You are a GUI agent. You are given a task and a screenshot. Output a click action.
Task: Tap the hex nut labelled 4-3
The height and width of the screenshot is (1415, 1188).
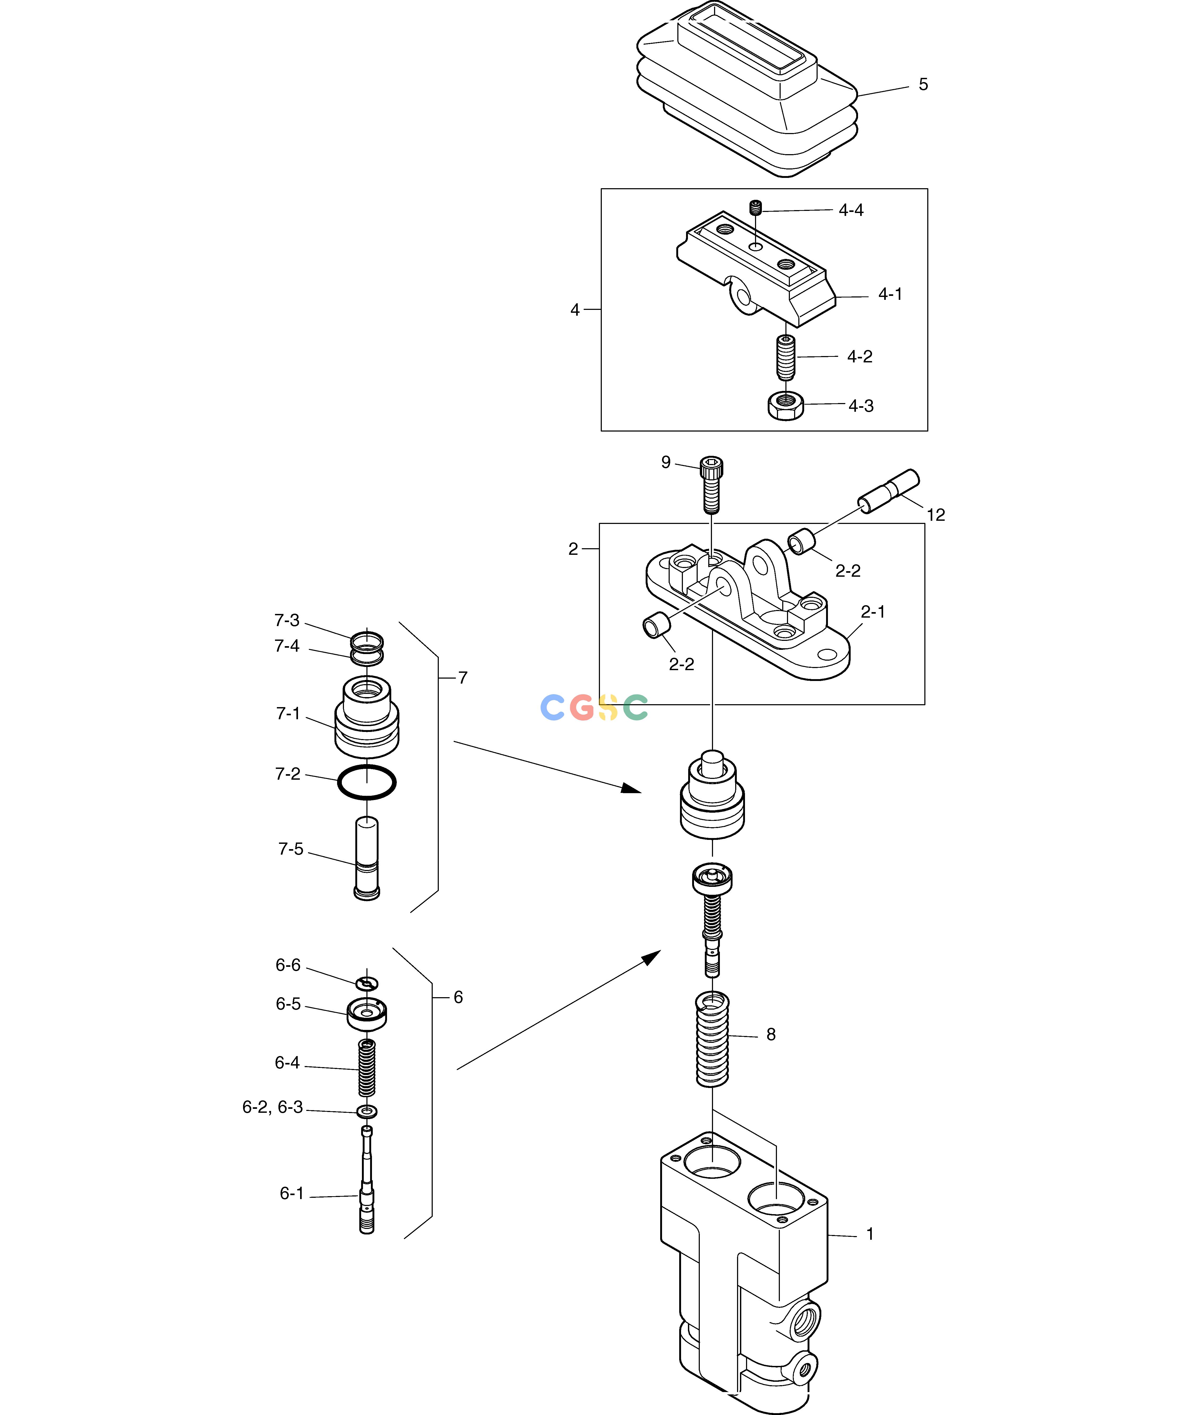[x=786, y=405]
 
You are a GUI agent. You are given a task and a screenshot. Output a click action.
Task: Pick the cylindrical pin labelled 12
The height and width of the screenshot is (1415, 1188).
[x=889, y=491]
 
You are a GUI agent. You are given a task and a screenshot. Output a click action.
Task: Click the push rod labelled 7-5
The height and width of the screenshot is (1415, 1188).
[x=367, y=858]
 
